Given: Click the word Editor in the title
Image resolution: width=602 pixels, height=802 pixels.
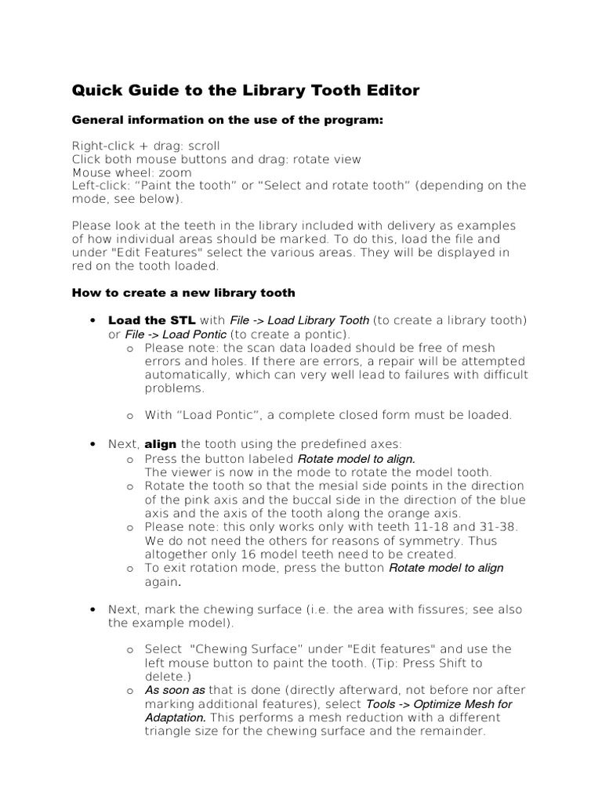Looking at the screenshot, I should [x=392, y=91].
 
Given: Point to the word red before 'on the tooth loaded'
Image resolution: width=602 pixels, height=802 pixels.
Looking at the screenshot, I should [x=83, y=266].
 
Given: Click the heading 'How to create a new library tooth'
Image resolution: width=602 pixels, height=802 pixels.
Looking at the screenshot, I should [x=183, y=293].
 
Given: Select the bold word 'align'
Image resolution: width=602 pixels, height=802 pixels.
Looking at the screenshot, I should [x=161, y=444].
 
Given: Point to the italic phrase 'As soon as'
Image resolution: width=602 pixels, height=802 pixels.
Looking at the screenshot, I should [x=175, y=690].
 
